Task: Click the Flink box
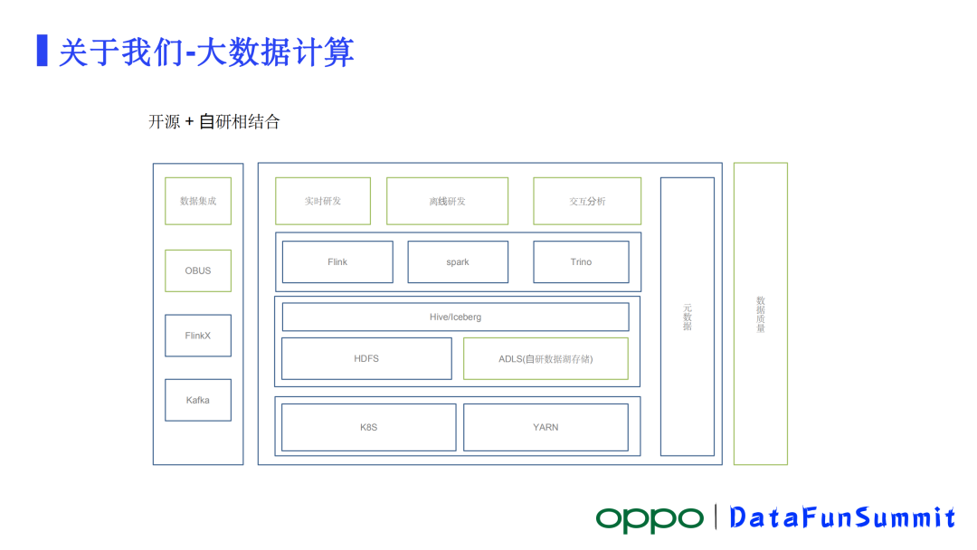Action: (337, 262)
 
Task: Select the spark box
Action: (458, 262)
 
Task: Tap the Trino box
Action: (581, 262)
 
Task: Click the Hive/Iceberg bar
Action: (455, 318)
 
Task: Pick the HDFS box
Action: (366, 359)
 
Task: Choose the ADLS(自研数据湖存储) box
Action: (545, 359)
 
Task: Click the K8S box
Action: (368, 427)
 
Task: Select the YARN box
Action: (545, 427)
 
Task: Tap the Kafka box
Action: (198, 400)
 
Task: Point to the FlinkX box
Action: (198, 336)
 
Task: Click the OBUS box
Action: (198, 270)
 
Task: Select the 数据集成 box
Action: (198, 201)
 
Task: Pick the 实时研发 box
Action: (323, 201)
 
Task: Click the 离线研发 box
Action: (447, 201)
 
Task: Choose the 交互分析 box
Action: (587, 201)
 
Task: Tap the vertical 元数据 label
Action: (688, 317)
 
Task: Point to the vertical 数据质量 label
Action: (761, 314)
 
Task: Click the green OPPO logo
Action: (649, 518)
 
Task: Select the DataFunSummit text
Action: (842, 518)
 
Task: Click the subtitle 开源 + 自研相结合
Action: (214, 122)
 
